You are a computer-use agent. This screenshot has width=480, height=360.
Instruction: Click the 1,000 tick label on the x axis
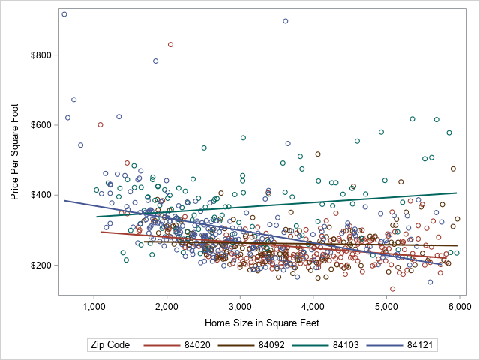(x=94, y=307)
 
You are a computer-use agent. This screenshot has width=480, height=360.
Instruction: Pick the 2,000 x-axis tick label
(x=166, y=307)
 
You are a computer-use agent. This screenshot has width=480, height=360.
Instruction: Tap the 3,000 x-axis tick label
(x=240, y=307)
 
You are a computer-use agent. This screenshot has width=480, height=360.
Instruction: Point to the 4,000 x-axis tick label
(x=313, y=307)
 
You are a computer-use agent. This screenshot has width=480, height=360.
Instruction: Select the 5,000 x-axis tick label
(x=385, y=307)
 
